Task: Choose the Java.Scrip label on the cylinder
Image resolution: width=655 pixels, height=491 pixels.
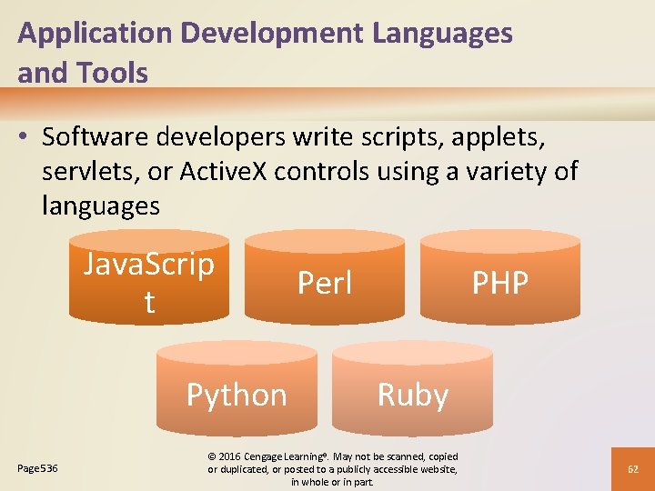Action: pyautogui.click(x=149, y=266)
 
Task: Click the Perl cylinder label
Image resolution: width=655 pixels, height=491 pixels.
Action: pyautogui.click(x=325, y=283)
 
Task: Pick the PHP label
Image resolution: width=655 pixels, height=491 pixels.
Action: pyautogui.click(x=499, y=283)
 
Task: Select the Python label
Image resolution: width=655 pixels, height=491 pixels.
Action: pyautogui.click(x=237, y=396)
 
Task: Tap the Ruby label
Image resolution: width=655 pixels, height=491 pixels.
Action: pyautogui.click(x=412, y=396)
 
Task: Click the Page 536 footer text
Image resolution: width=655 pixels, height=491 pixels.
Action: pyautogui.click(x=37, y=468)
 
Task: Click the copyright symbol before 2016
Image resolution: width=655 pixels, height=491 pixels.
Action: pyautogui.click(x=211, y=456)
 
